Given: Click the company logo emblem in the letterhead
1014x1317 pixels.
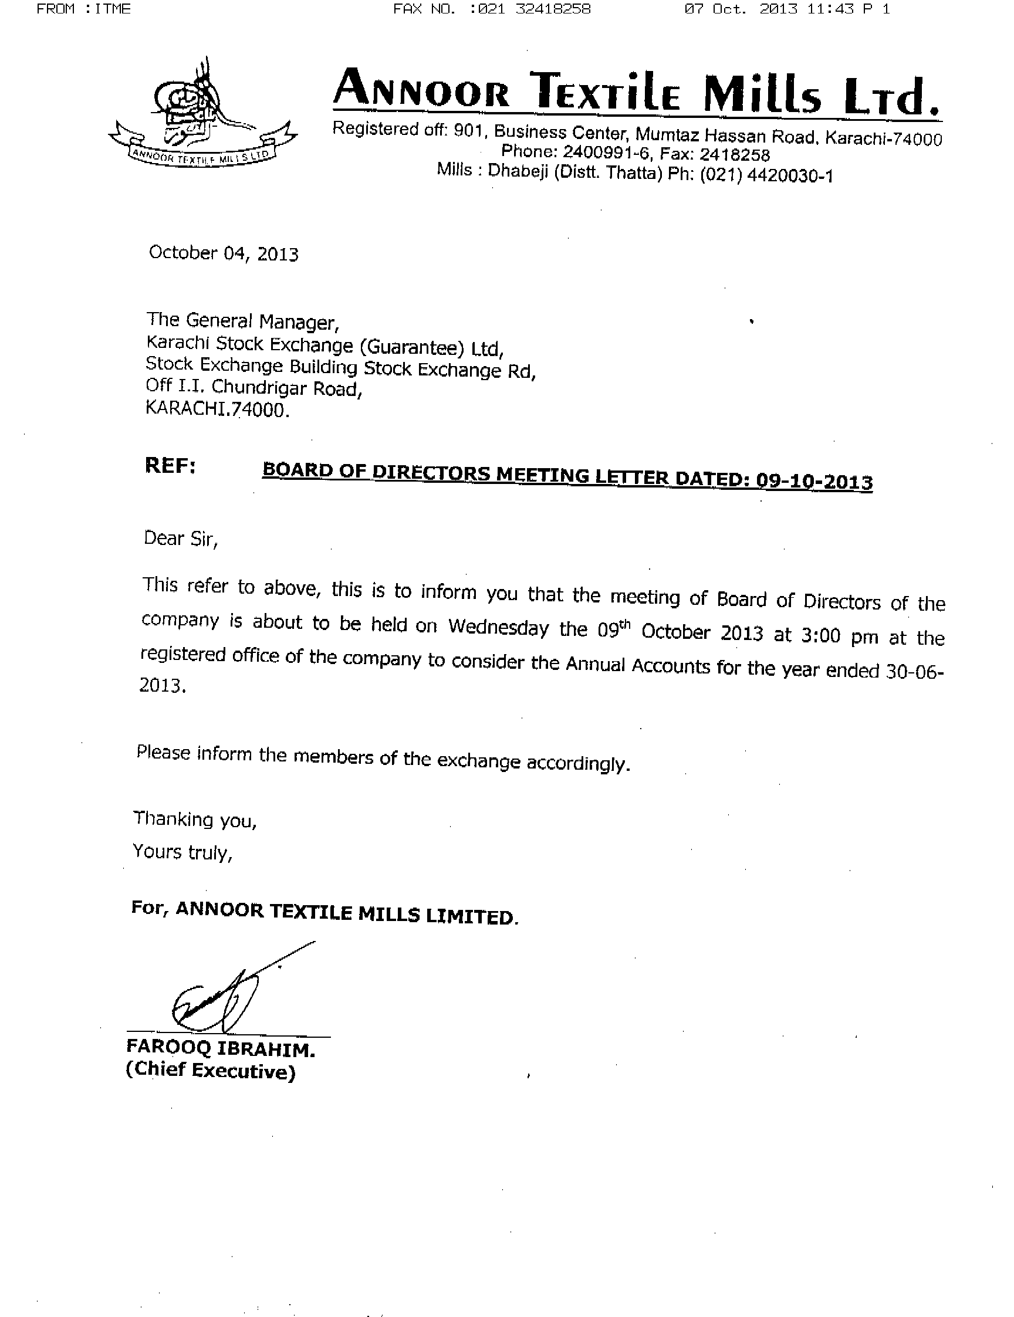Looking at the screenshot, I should [x=202, y=114].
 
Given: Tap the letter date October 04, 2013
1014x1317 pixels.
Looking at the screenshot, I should [x=223, y=253].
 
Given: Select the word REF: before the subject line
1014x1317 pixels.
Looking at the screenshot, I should [x=170, y=466].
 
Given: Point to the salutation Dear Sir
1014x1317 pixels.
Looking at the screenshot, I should [x=180, y=539].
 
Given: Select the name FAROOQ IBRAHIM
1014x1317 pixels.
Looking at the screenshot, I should [x=220, y=1050].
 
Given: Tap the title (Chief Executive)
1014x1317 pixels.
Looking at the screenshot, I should [x=211, y=1071].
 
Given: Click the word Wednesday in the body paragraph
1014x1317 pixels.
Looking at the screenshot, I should [x=498, y=628].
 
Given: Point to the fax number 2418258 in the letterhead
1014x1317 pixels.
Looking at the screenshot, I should [x=734, y=155].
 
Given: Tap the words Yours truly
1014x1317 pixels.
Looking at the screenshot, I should [x=182, y=852].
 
